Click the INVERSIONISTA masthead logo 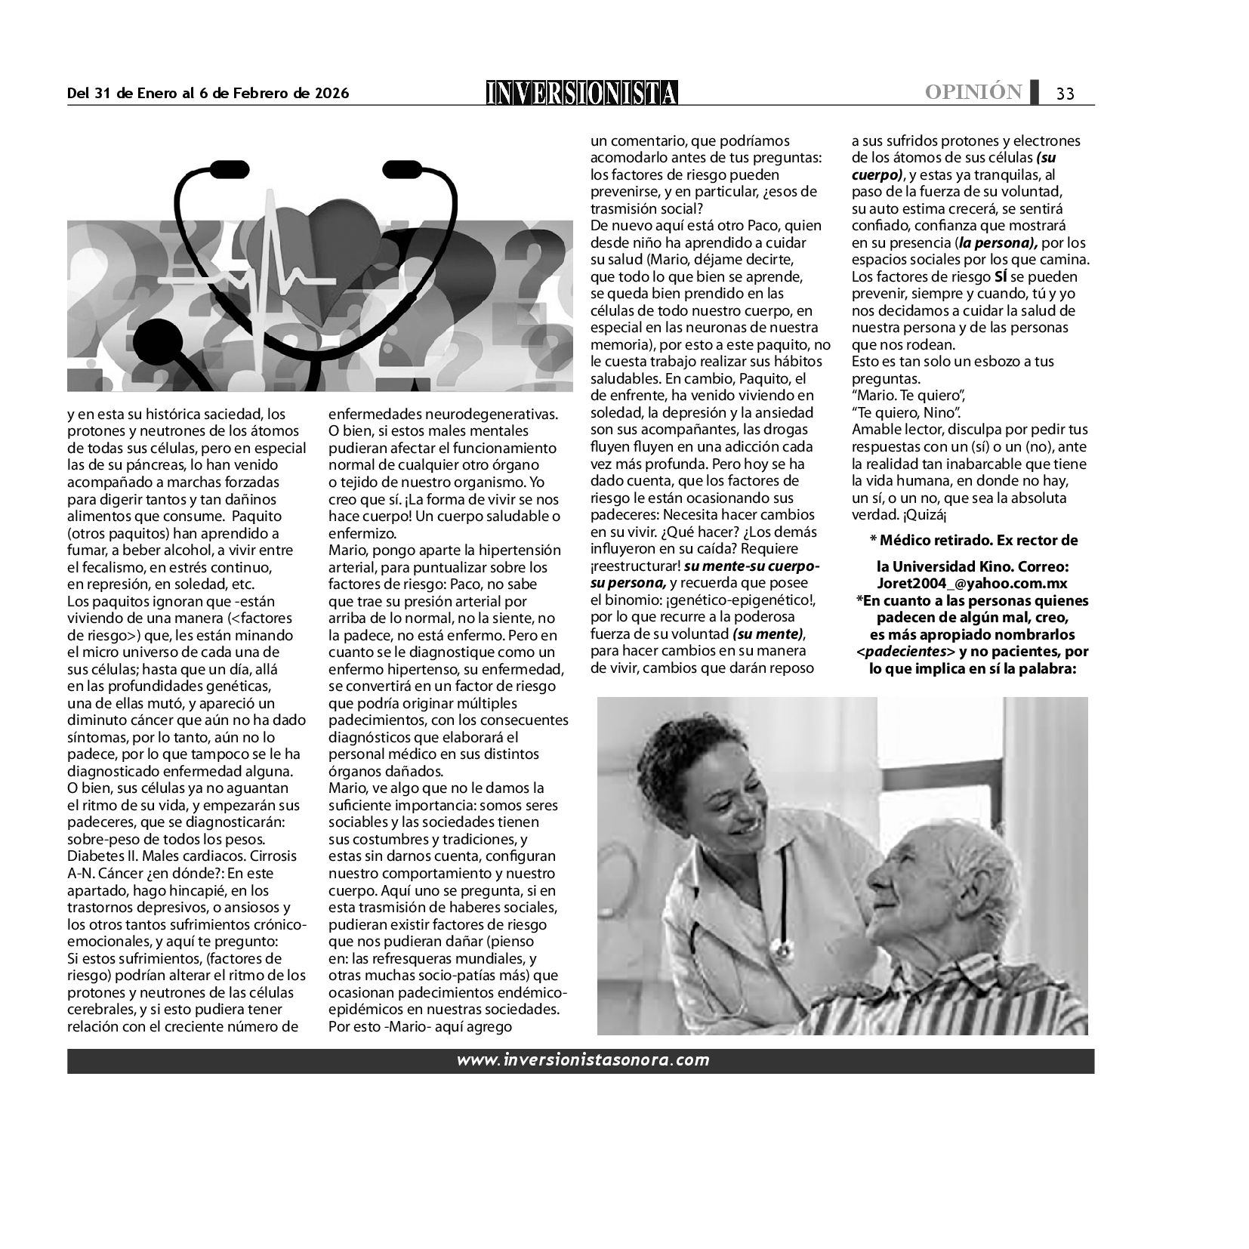581,93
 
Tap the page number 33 1065,94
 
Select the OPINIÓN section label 973,92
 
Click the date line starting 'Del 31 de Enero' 208,93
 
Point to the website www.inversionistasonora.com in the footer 582,1059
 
